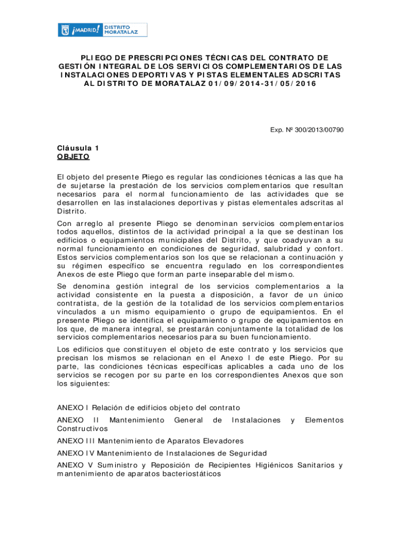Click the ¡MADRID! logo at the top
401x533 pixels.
point(80,30)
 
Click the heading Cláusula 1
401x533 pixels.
point(78,148)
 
